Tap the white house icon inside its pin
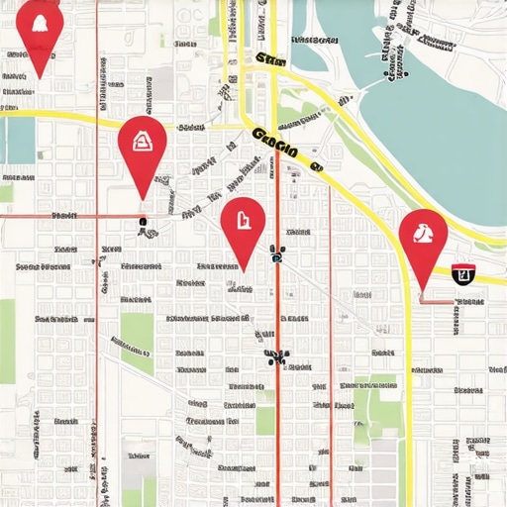coord(142,140)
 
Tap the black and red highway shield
coord(461,273)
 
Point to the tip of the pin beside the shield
coord(422,293)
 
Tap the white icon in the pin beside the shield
coord(423,235)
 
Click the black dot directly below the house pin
coord(144,222)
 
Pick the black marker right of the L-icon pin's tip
coord(278,256)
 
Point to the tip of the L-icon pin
coord(242,270)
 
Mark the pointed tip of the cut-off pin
coord(40,78)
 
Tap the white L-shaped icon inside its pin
coord(243,218)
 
